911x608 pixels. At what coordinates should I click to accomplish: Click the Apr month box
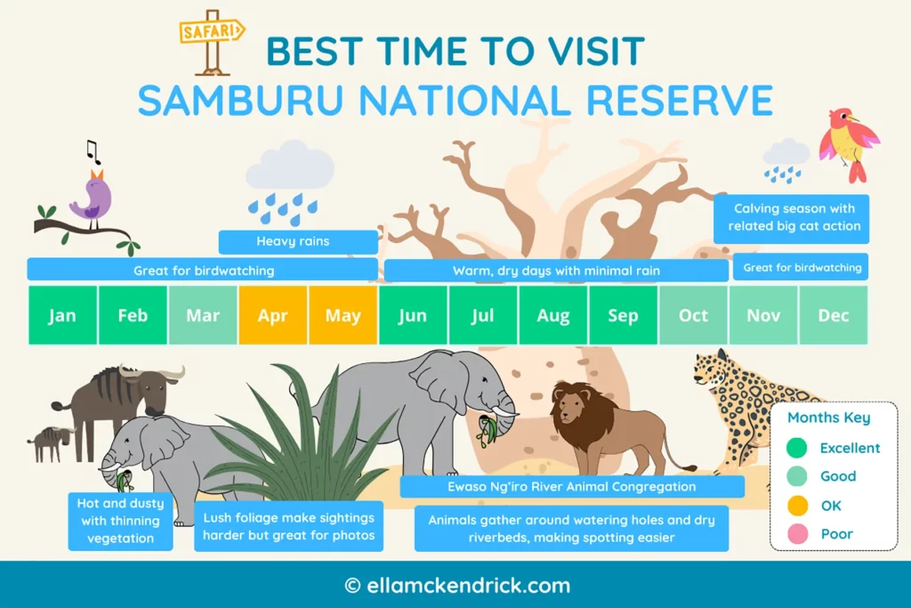pyautogui.click(x=273, y=315)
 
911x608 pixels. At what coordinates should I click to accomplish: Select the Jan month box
pyautogui.click(x=62, y=315)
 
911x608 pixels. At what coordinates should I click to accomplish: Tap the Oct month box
pyautogui.click(x=693, y=315)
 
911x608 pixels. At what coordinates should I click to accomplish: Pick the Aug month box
pyautogui.click(x=553, y=315)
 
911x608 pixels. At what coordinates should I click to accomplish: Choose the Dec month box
pyautogui.click(x=833, y=315)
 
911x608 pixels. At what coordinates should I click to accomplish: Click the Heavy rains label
pyautogui.click(x=298, y=241)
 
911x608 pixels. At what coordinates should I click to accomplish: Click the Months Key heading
pyautogui.click(x=828, y=417)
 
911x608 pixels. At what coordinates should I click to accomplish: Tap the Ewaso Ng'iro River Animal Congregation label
pyautogui.click(x=571, y=487)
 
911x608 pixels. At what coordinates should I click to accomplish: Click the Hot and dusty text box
pyautogui.click(x=121, y=521)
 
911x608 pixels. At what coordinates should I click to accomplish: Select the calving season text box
pyautogui.click(x=794, y=217)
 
